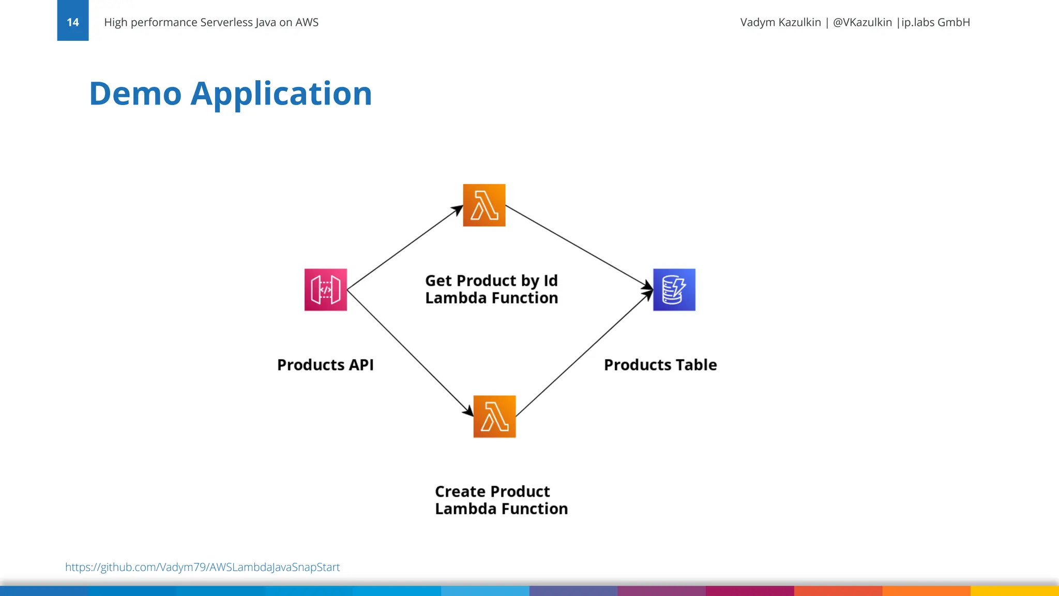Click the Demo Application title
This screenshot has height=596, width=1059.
point(231,94)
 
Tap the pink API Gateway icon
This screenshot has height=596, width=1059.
point(325,290)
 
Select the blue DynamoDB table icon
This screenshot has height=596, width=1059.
point(674,290)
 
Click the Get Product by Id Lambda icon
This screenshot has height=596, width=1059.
point(484,205)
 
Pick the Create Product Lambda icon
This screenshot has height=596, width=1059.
point(494,416)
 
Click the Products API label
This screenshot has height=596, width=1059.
point(325,365)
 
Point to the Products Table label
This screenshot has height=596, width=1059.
point(660,365)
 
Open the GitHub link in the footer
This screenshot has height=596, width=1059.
point(202,567)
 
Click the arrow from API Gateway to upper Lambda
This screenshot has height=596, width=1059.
point(404,248)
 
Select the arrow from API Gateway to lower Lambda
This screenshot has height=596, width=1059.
point(410,353)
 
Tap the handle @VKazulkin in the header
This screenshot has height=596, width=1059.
point(862,22)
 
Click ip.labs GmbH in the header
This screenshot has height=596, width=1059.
point(935,22)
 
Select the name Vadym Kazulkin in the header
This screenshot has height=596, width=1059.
point(780,22)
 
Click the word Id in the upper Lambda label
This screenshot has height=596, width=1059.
point(550,280)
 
